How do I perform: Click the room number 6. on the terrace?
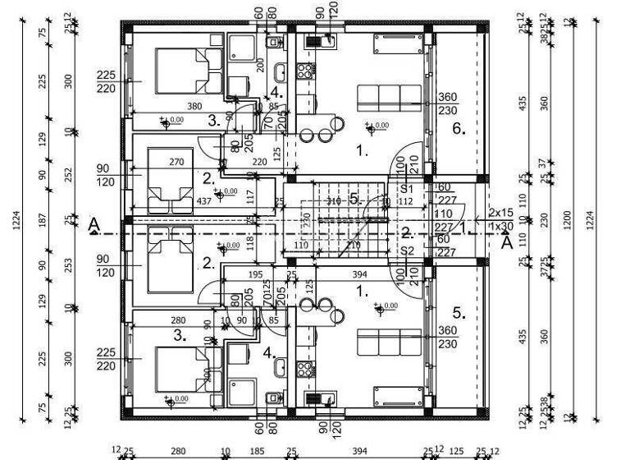(x=459, y=128)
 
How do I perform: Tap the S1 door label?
(x=407, y=189)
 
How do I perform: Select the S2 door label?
(x=407, y=251)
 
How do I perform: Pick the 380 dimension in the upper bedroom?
(x=194, y=106)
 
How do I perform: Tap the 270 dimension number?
(x=176, y=163)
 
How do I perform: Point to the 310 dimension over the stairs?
(x=332, y=200)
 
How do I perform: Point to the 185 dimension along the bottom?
(x=257, y=450)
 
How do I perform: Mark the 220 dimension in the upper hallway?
(x=259, y=163)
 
